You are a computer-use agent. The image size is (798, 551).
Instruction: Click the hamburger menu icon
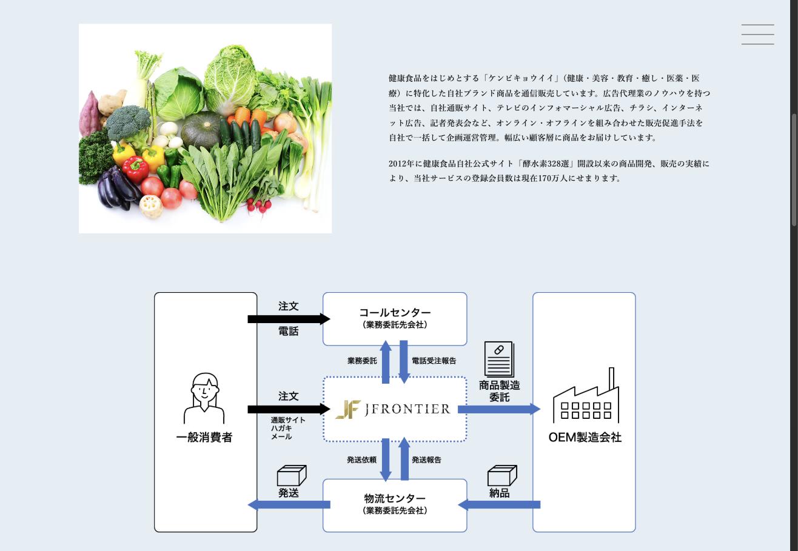click(x=758, y=34)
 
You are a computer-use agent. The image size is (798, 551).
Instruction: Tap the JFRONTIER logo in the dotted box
click(x=393, y=409)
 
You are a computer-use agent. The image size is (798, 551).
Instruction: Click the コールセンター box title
click(x=395, y=313)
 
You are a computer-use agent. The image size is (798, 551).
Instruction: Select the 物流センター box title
click(x=395, y=498)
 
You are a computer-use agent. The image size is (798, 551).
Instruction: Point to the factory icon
click(x=586, y=395)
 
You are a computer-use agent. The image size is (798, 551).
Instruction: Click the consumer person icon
click(x=204, y=398)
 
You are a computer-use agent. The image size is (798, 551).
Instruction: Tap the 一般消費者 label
click(x=204, y=438)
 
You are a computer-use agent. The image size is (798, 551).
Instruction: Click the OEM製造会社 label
click(x=585, y=438)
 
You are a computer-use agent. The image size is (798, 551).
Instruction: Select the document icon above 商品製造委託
click(x=499, y=359)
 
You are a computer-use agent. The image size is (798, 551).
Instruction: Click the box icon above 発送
click(x=292, y=475)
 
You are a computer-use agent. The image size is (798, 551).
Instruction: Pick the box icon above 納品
click(x=502, y=475)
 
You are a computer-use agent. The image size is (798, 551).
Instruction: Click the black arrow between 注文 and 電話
click(x=289, y=319)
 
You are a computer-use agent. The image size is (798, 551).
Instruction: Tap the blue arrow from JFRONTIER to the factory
click(x=499, y=409)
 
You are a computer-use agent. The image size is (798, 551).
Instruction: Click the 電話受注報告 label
click(x=434, y=361)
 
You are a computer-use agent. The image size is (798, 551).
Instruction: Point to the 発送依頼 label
click(x=361, y=460)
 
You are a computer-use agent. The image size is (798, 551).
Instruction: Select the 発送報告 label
click(x=426, y=460)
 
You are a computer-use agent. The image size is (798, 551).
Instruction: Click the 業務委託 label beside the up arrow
click(x=362, y=361)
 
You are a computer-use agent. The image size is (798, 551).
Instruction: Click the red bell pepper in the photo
click(x=135, y=169)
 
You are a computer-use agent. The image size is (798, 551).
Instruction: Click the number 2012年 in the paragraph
click(x=401, y=164)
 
